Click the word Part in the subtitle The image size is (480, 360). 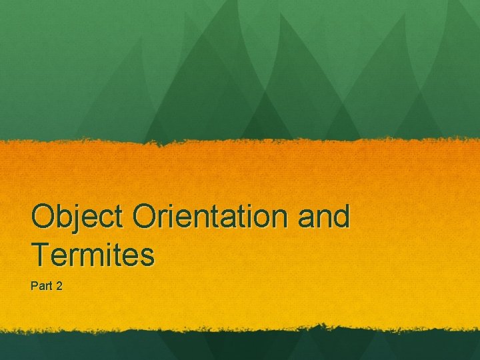pyautogui.click(x=41, y=286)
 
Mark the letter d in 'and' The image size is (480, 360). pyautogui.click(x=340, y=217)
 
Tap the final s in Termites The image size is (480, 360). pyautogui.click(x=147, y=256)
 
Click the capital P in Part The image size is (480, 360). pyautogui.click(x=34, y=286)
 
